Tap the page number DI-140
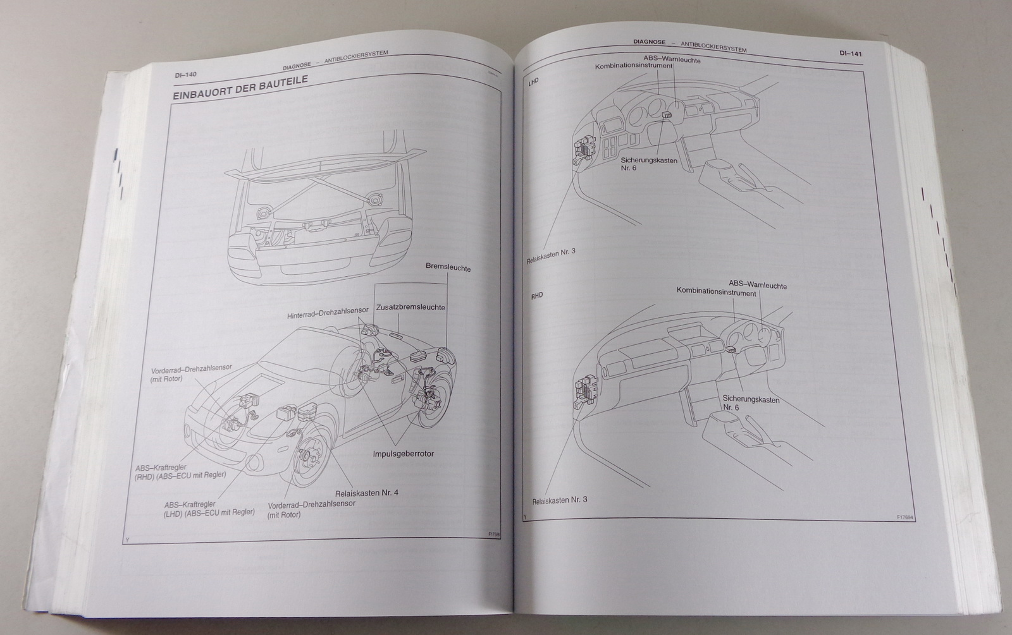[x=186, y=75]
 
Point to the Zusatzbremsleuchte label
[x=410, y=308]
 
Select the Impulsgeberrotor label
[x=403, y=454]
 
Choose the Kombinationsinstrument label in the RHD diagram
[x=716, y=293]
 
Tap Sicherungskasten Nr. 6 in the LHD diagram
[x=649, y=164]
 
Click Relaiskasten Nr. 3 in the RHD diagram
[x=555, y=500]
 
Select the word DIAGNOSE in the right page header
[x=649, y=42]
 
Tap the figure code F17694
[x=906, y=517]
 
